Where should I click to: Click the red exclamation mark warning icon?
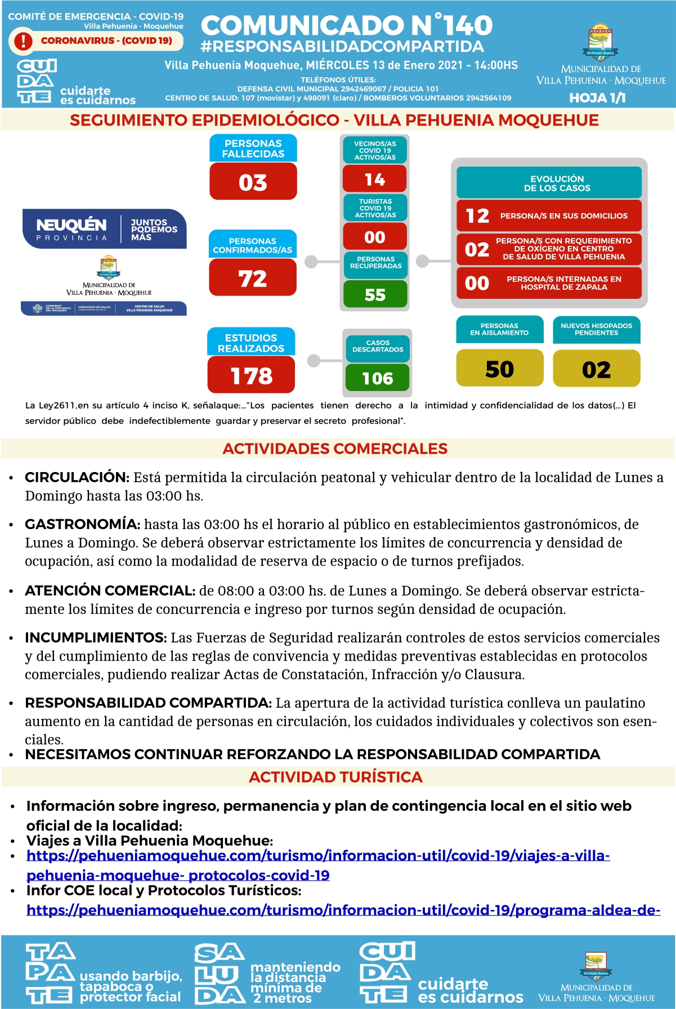tap(23, 41)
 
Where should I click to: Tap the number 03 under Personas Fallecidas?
tap(253, 182)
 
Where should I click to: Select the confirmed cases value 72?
tap(253, 278)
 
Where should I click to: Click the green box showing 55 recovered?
tap(375, 294)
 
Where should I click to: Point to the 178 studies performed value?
tap(251, 375)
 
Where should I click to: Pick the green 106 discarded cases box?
tap(377, 378)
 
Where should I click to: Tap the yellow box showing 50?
tap(499, 369)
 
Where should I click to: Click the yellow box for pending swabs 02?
tap(596, 369)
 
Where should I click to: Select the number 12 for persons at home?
tap(477, 216)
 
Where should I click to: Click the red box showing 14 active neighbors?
tap(375, 180)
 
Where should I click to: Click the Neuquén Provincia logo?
tap(105, 229)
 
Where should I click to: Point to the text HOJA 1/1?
tap(597, 98)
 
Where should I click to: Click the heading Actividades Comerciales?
tap(335, 449)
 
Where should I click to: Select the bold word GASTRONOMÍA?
tap(82, 524)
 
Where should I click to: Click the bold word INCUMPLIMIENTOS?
tap(96, 638)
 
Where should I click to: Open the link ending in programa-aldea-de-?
tap(343, 910)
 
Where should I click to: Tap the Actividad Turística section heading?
tap(335, 777)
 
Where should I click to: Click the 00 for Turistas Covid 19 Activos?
tap(375, 237)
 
